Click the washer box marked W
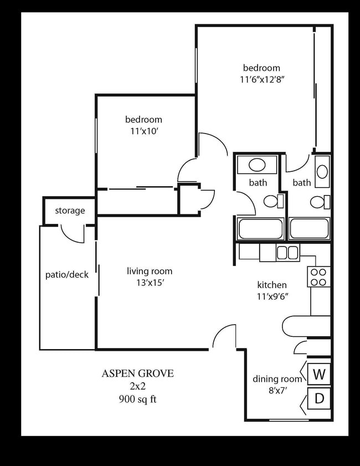coord(318,375)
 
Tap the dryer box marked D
coord(318,398)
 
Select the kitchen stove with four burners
coord(318,276)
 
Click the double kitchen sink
coord(287,253)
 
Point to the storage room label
coord(70,211)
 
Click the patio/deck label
coord(66,274)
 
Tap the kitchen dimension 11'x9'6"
coord(271,296)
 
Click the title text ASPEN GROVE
coord(137,373)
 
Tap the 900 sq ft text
coord(137,399)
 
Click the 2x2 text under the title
coord(137,386)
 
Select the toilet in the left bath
coord(272,201)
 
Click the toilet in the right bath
coord(319,202)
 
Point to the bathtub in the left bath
coord(260,228)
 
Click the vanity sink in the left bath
coord(256,165)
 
